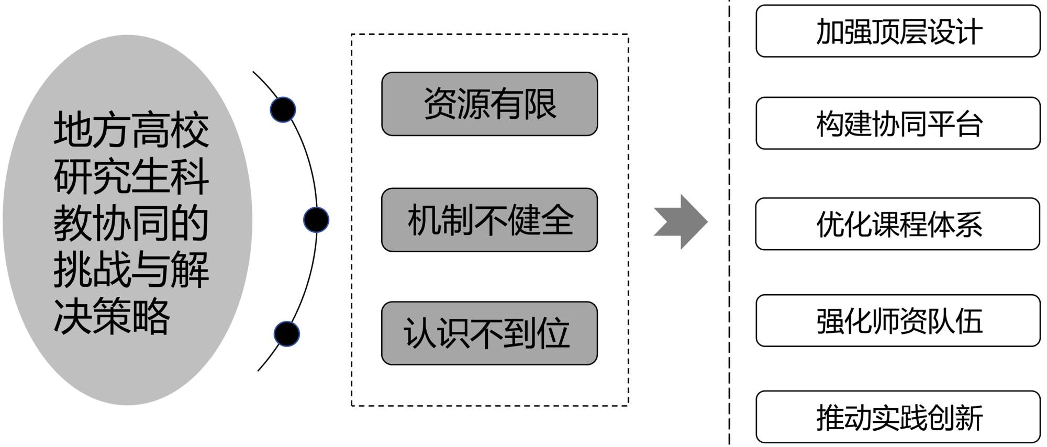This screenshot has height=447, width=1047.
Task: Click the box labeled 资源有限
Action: coord(489,104)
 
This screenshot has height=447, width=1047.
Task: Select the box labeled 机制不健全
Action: coord(489,220)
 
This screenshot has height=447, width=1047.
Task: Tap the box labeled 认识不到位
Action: coord(489,333)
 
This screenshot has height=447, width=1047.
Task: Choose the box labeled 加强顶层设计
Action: coord(898,31)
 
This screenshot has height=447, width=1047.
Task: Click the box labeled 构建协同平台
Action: coord(898,123)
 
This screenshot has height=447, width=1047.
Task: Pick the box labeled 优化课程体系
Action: coord(898,223)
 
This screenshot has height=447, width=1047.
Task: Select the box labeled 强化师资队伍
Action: coord(898,320)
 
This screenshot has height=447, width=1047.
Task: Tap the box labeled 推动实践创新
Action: coord(898,417)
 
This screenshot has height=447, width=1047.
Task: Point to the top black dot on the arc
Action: coord(283,110)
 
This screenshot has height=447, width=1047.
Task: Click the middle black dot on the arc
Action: coord(316,220)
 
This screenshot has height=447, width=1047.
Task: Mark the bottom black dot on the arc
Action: coord(286,333)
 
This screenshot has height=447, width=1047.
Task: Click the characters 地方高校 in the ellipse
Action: coord(131,130)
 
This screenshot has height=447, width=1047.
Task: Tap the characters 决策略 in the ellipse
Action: coord(112,316)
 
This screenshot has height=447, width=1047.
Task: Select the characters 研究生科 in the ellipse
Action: coord(131,176)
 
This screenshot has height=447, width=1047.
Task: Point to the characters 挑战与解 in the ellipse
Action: coord(131,270)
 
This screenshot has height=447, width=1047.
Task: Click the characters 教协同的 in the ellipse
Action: coord(131,223)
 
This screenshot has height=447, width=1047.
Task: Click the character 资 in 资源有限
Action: coord(440,104)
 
